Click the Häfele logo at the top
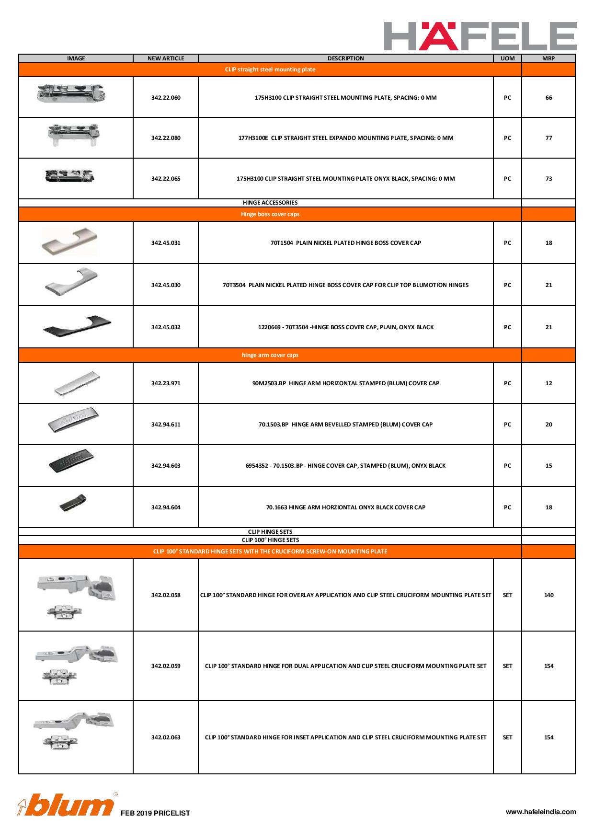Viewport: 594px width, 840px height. click(x=480, y=36)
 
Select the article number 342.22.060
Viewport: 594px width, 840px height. click(x=166, y=98)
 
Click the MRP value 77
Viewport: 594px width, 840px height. click(x=548, y=138)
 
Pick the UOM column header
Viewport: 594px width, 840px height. click(x=507, y=58)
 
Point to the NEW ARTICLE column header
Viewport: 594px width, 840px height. click(x=166, y=58)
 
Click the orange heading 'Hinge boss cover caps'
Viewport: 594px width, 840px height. click(x=270, y=214)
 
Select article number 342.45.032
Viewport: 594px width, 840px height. click(x=166, y=327)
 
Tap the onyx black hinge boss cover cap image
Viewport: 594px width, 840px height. click(x=77, y=326)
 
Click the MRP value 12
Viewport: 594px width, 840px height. click(x=548, y=383)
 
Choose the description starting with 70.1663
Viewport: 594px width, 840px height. click(x=345, y=507)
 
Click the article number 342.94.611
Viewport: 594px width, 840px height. click(x=166, y=425)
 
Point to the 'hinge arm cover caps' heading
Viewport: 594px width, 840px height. click(x=270, y=355)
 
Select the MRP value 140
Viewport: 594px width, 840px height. click(x=548, y=595)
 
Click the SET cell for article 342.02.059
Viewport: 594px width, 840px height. click(x=507, y=666)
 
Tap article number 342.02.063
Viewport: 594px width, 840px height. click(x=166, y=737)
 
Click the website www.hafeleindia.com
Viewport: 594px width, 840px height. click(x=541, y=812)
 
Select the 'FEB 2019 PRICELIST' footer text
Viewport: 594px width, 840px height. click(x=155, y=813)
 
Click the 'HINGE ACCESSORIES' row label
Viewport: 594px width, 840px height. click(x=270, y=203)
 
